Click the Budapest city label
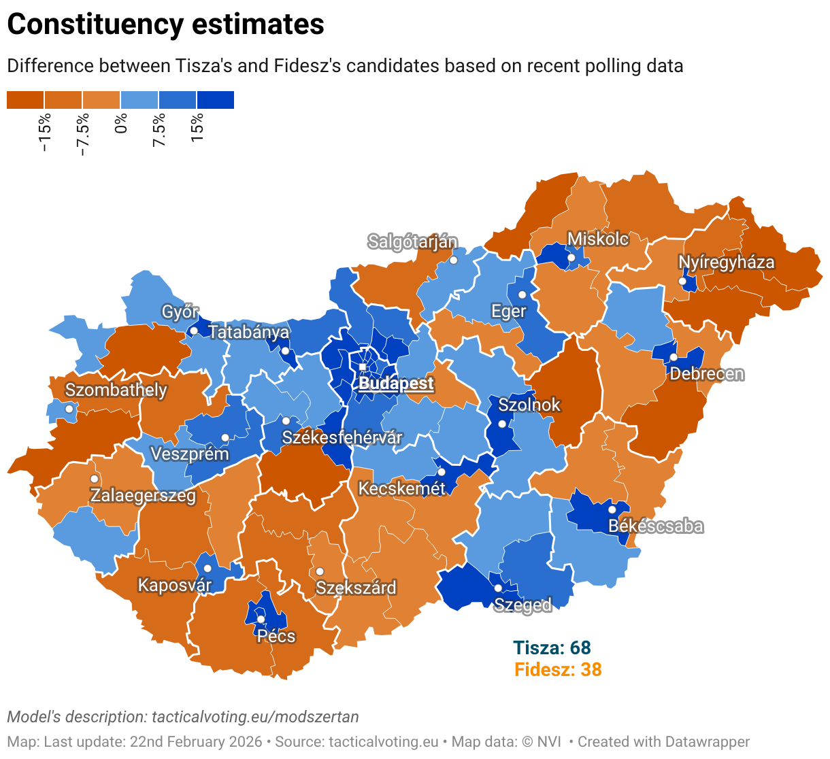point(396,383)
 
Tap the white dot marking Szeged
point(498,588)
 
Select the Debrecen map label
point(707,373)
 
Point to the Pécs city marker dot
point(261,619)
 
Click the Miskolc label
point(598,239)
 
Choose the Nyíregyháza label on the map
point(726,263)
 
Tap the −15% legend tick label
point(45,133)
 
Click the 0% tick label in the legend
point(121,123)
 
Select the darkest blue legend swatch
point(215,100)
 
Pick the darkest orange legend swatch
point(25,100)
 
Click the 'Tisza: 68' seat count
point(552,647)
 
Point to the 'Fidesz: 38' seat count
point(558,669)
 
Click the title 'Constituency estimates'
point(165,24)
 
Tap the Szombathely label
point(116,390)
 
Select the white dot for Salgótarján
point(454,260)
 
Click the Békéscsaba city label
point(655,526)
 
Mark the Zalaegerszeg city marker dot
point(95,479)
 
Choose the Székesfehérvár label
point(342,437)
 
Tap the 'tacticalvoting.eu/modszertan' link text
point(255,717)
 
